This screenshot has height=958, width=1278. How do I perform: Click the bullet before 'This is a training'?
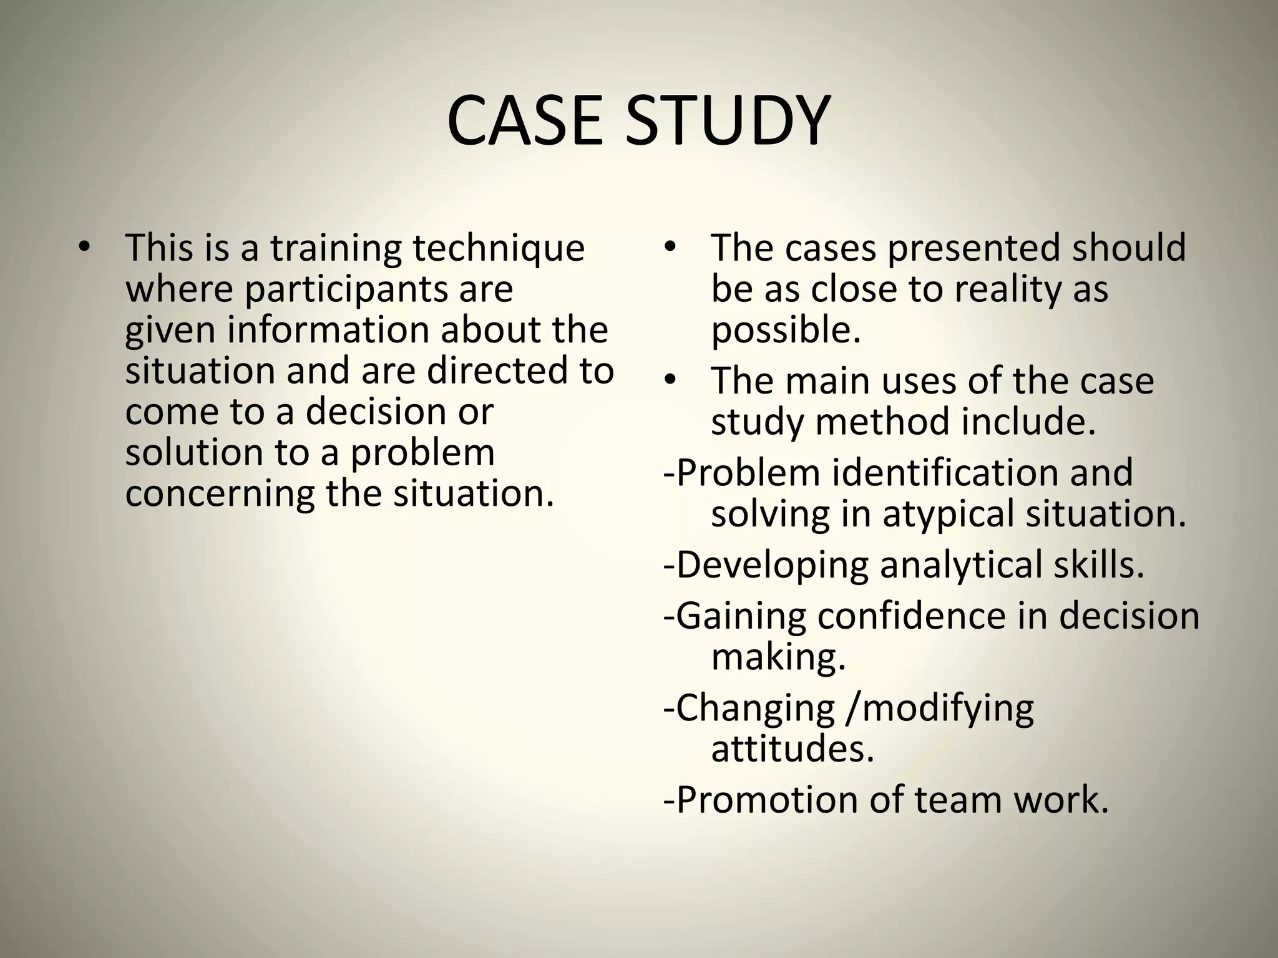click(x=84, y=247)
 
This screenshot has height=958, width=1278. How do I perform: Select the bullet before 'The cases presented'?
click(x=670, y=247)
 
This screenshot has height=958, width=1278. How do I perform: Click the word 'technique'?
click(x=499, y=248)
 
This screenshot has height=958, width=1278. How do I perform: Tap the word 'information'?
click(x=328, y=330)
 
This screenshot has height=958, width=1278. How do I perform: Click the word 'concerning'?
click(x=220, y=495)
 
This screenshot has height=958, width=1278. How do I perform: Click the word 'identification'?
click(x=982, y=472)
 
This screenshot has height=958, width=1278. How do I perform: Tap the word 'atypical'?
click(x=947, y=515)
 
